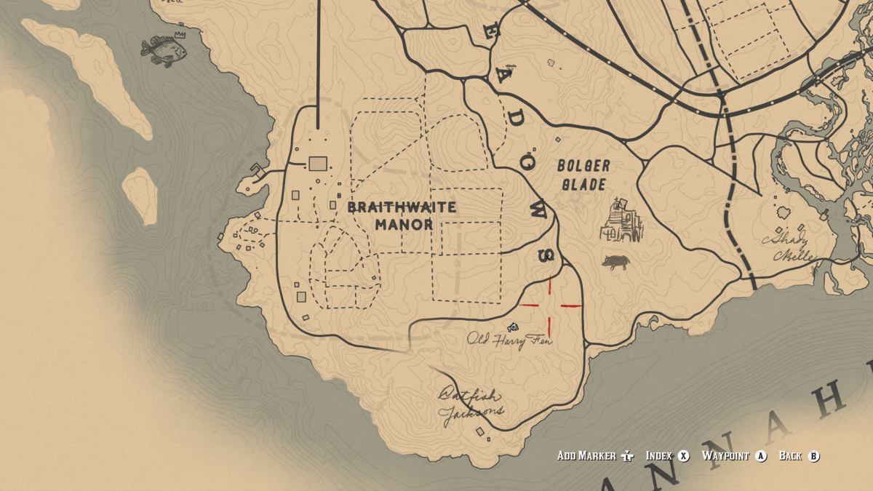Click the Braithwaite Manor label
pyautogui.click(x=402, y=215)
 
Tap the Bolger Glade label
pyautogui.click(x=584, y=175)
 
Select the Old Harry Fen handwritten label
pyautogui.click(x=509, y=340)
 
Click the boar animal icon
pyautogui.click(x=615, y=262)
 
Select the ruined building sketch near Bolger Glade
pyautogui.click(x=621, y=223)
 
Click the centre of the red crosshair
pyautogui.click(x=550, y=306)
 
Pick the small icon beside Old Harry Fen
pyautogui.click(x=513, y=327)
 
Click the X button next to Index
pyautogui.click(x=684, y=456)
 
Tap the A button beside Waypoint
pyautogui.click(x=761, y=456)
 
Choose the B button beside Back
pyautogui.click(x=813, y=456)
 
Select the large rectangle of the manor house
pyautogui.click(x=317, y=164)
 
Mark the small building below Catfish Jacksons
pyautogui.click(x=479, y=432)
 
